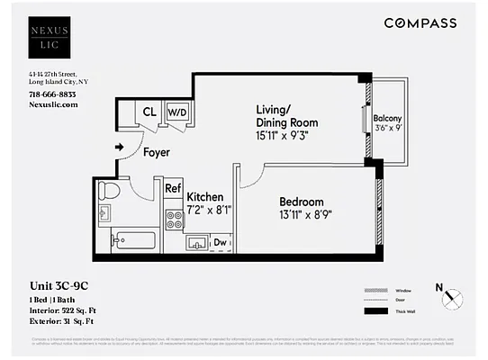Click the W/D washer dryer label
tap(177, 112)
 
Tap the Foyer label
tap(157, 152)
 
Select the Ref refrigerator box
tap(173, 189)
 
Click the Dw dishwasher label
tap(220, 242)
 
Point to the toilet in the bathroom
tap(108, 191)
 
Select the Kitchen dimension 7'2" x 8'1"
tap(209, 210)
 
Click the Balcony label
tap(387, 118)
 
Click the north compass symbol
tap(454, 297)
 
